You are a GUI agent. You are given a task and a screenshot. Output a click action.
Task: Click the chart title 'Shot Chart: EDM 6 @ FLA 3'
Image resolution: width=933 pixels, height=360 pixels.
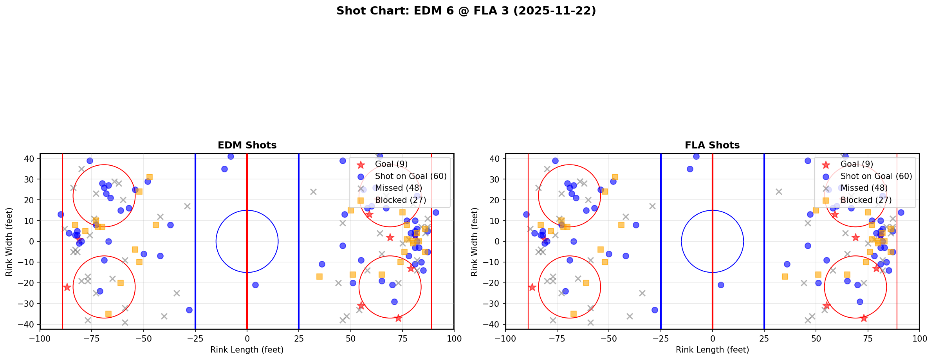pos(466,11)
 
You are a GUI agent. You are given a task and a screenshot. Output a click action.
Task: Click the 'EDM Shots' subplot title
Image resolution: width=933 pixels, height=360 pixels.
pos(247,145)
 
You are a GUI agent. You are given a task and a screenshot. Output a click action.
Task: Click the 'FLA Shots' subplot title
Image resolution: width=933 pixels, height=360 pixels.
pos(712,145)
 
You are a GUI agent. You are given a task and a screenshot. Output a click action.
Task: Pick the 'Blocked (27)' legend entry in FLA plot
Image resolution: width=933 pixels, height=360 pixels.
pos(866,200)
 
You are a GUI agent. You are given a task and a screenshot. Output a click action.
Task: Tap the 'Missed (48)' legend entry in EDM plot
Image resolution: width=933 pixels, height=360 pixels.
pos(398,188)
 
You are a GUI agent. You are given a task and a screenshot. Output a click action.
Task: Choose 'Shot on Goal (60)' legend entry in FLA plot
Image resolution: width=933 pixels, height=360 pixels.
pos(876,176)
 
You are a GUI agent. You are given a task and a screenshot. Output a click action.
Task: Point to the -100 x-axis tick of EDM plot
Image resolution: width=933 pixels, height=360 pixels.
pos(40,338)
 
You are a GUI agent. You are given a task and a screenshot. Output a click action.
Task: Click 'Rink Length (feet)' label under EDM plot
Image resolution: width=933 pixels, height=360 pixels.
pos(247,350)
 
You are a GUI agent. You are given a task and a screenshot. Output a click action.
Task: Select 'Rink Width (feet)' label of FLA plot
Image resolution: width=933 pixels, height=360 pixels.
pos(475,242)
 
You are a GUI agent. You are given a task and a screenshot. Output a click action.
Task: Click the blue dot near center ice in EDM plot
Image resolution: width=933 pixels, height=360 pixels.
pos(255,285)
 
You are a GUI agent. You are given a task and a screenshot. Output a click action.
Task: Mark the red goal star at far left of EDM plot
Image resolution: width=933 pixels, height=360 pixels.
pos(67,287)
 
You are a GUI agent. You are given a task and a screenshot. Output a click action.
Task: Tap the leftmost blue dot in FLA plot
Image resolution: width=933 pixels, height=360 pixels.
pos(526,214)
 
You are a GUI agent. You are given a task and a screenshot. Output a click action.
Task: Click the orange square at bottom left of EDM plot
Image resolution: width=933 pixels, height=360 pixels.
pos(108,314)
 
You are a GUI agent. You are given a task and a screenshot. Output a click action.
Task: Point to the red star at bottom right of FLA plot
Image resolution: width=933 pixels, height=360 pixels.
pos(863,318)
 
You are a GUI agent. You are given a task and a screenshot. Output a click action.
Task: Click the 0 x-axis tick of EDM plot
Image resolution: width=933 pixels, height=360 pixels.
pos(247,338)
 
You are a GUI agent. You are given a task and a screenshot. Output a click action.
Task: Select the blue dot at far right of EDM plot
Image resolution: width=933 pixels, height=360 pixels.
pos(436,212)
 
